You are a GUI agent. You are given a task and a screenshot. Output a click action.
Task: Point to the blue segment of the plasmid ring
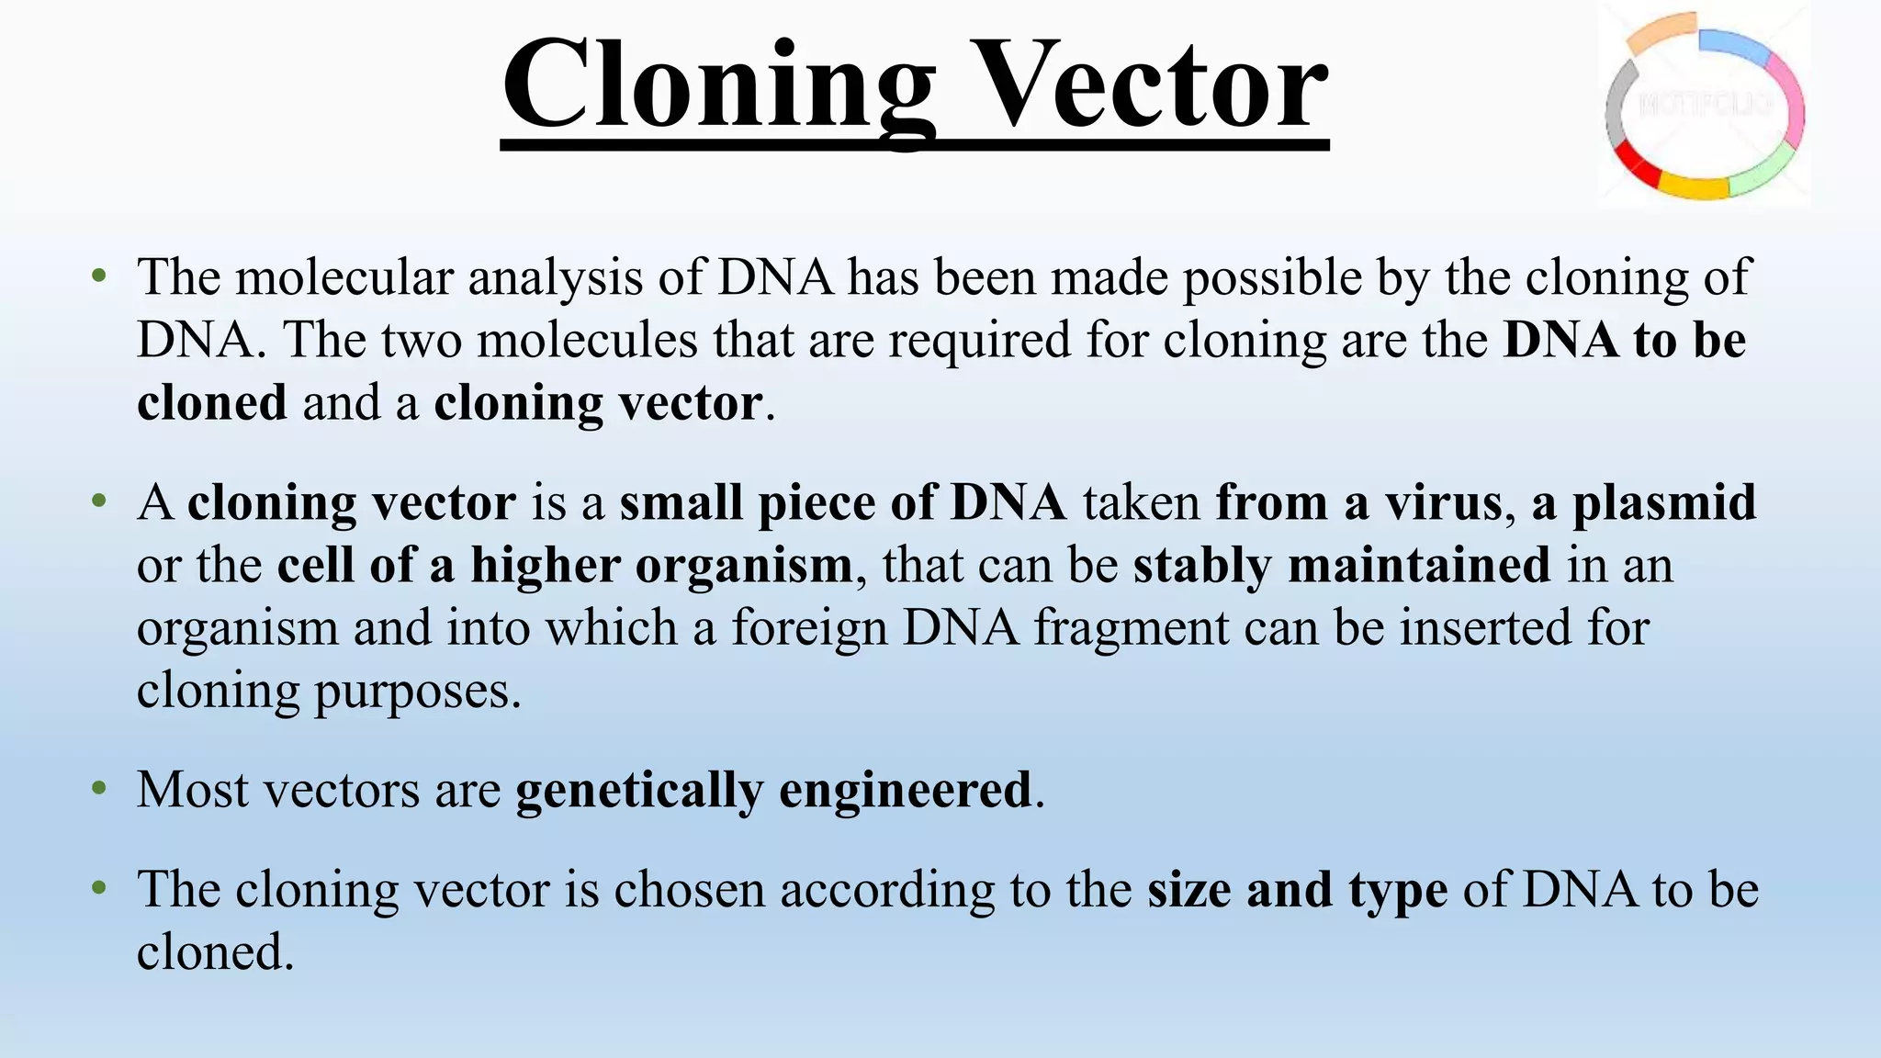point(1733,46)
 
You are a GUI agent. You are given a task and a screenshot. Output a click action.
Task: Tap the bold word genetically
point(639,791)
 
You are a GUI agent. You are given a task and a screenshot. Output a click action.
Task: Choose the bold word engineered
point(906,791)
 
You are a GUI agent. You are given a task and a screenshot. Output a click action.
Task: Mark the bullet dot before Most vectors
point(99,789)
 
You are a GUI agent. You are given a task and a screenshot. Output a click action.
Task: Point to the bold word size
point(1188,890)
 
